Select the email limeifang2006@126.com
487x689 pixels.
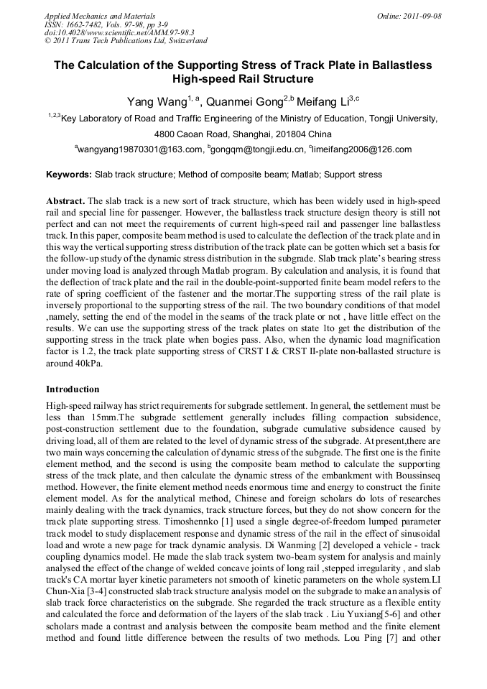(x=363, y=149)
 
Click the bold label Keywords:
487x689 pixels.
(x=69, y=175)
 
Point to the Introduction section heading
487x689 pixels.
(x=73, y=389)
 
